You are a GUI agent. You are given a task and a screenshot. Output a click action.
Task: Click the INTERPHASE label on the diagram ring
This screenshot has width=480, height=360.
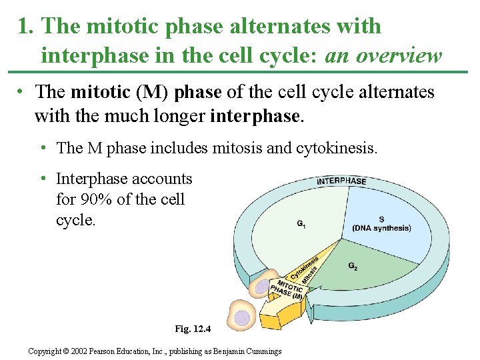[x=341, y=181]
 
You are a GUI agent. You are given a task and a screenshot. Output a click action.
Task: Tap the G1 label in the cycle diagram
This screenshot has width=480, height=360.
[x=301, y=224]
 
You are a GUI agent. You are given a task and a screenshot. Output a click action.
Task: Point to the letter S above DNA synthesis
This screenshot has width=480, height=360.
[x=381, y=219]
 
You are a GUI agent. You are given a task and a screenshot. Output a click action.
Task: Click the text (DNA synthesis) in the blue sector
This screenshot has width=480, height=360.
[x=381, y=228]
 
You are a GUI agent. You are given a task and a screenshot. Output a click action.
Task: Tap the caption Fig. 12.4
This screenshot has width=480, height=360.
[x=192, y=329]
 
